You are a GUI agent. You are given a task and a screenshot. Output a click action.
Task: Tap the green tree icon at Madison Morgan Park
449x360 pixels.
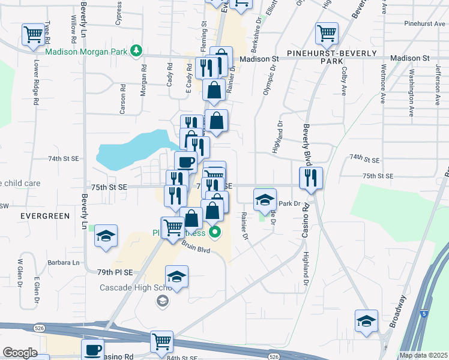coord(137,50)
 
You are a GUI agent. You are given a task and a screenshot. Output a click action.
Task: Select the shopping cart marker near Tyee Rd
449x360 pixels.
coord(33,34)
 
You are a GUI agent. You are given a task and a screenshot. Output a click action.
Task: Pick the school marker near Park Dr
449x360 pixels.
coord(264,200)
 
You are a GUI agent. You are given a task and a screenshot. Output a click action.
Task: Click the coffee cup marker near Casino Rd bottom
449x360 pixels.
coord(92,350)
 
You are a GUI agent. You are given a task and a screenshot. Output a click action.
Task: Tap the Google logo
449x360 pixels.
coord(20,353)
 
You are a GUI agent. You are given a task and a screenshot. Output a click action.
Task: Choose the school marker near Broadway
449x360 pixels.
coord(366,320)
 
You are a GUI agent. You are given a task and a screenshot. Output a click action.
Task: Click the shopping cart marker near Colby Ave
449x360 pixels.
coord(326,34)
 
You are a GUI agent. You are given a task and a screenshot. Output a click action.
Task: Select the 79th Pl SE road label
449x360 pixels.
coord(114,272)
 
